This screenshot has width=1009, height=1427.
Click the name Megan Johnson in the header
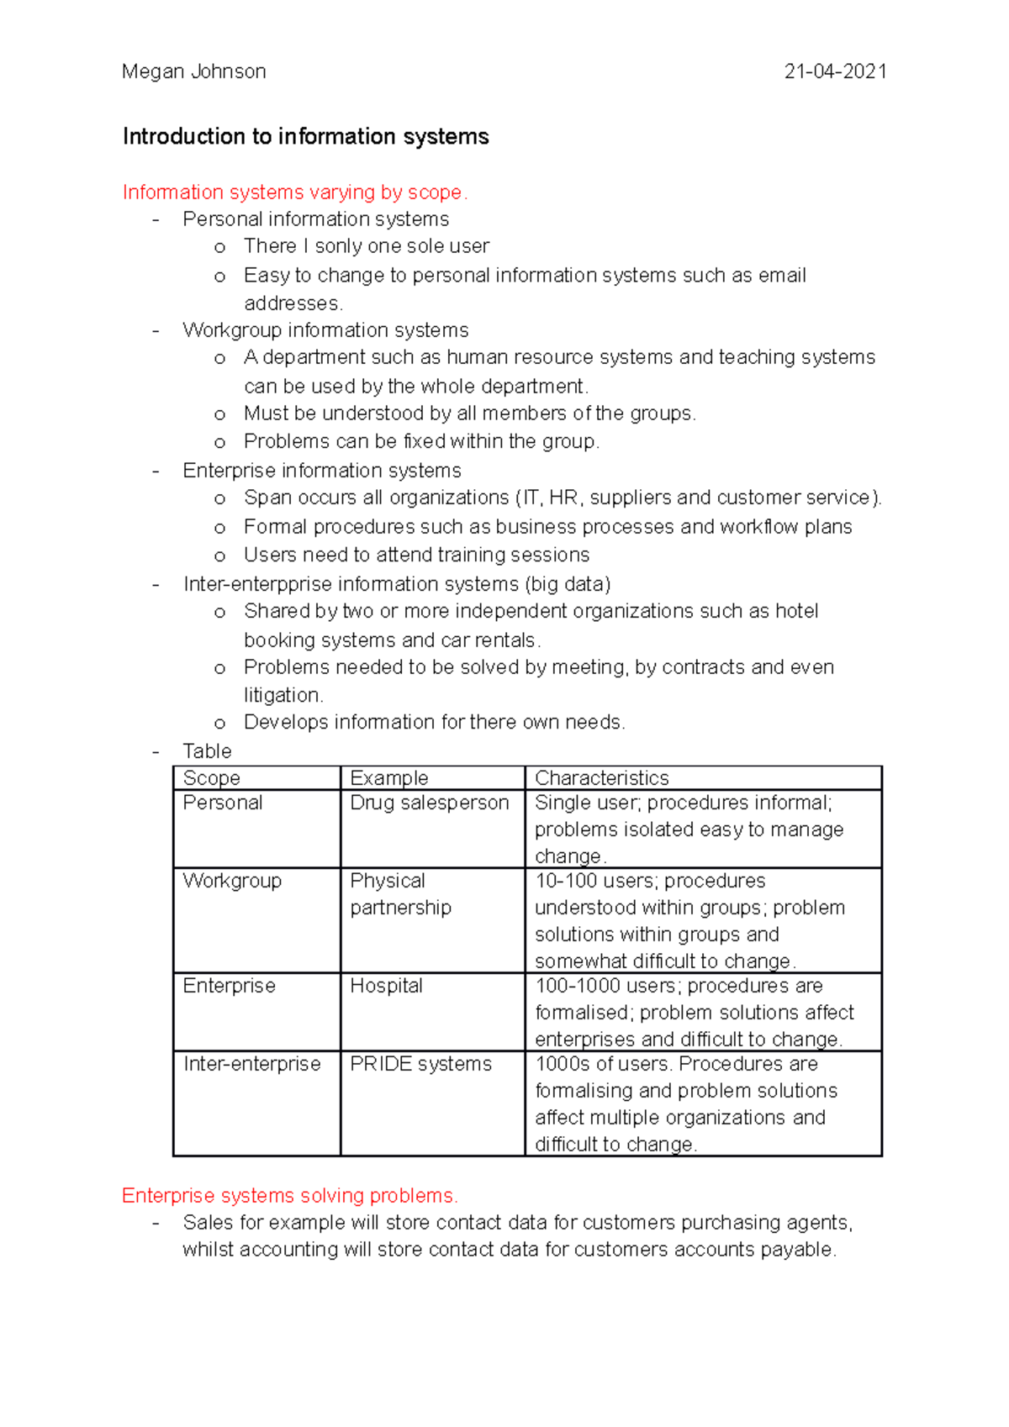click(x=193, y=71)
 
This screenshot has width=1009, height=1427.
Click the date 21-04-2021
click(x=835, y=71)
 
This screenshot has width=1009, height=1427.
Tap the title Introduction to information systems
click(x=305, y=136)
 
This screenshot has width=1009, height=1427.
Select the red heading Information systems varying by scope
click(x=294, y=192)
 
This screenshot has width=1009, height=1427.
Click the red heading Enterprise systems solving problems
click(x=289, y=1195)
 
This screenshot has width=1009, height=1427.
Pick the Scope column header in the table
click(x=212, y=778)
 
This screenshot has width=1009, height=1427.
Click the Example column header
click(x=388, y=778)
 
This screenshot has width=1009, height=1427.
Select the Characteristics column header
click(x=602, y=778)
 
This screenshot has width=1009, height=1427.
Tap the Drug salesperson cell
click(x=429, y=803)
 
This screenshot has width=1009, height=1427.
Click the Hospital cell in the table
click(x=386, y=986)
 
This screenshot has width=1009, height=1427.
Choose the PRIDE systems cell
click(x=420, y=1064)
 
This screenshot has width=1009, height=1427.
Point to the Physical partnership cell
click(x=400, y=894)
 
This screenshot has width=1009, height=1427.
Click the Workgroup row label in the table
click(x=232, y=881)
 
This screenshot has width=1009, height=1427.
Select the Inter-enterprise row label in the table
click(x=251, y=1064)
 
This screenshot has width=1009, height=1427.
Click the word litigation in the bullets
click(x=282, y=695)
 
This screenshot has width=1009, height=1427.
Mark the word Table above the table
click(x=207, y=751)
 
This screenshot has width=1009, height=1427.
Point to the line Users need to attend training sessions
click(x=416, y=555)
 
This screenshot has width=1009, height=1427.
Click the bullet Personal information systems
click(x=315, y=219)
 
